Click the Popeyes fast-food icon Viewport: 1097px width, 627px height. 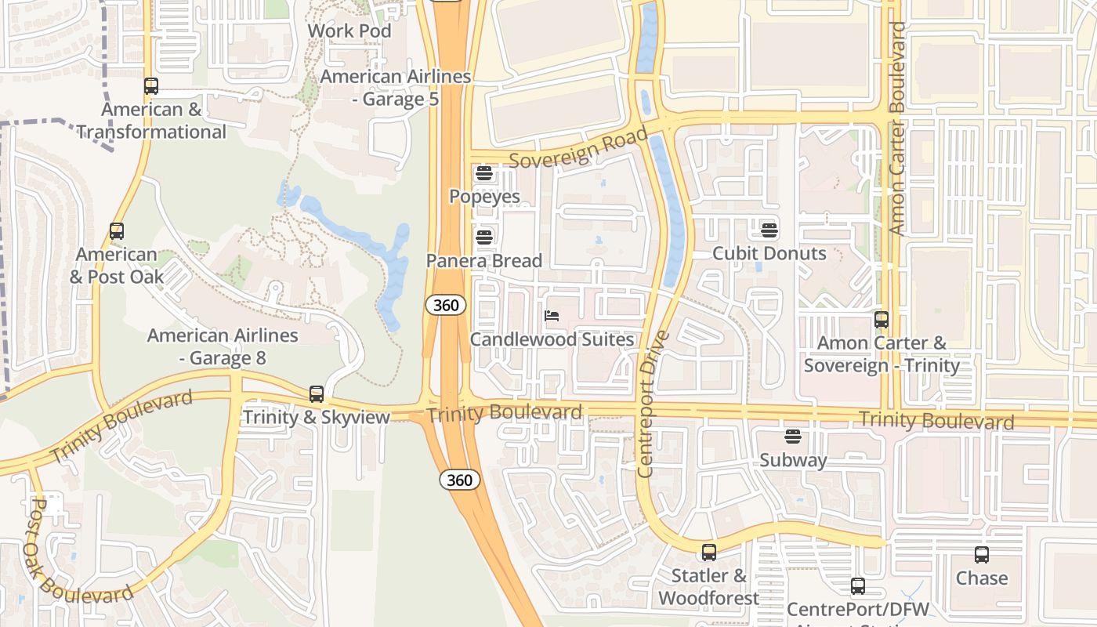(x=484, y=172)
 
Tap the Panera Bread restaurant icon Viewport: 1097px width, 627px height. (x=484, y=236)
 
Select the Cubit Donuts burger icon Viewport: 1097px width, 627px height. (x=769, y=230)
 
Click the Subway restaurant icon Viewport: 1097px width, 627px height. (x=793, y=436)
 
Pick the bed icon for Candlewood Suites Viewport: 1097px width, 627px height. (x=552, y=316)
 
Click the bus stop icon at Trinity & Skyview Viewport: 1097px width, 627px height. (x=317, y=393)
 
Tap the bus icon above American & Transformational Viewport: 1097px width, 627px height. (x=151, y=86)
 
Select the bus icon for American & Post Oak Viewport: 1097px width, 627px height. (x=117, y=231)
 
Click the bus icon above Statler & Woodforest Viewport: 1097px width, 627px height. (x=709, y=553)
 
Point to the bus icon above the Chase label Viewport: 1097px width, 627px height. (x=982, y=555)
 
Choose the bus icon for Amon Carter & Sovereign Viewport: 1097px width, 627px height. (x=882, y=320)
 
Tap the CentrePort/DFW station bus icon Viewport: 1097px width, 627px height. (x=858, y=586)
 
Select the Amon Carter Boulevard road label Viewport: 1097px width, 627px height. (x=897, y=128)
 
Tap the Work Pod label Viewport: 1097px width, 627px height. (x=349, y=31)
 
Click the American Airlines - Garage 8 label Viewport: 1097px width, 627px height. (x=223, y=346)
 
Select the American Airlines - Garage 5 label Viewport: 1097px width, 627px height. (x=396, y=88)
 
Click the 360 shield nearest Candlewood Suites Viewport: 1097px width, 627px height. (x=446, y=305)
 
